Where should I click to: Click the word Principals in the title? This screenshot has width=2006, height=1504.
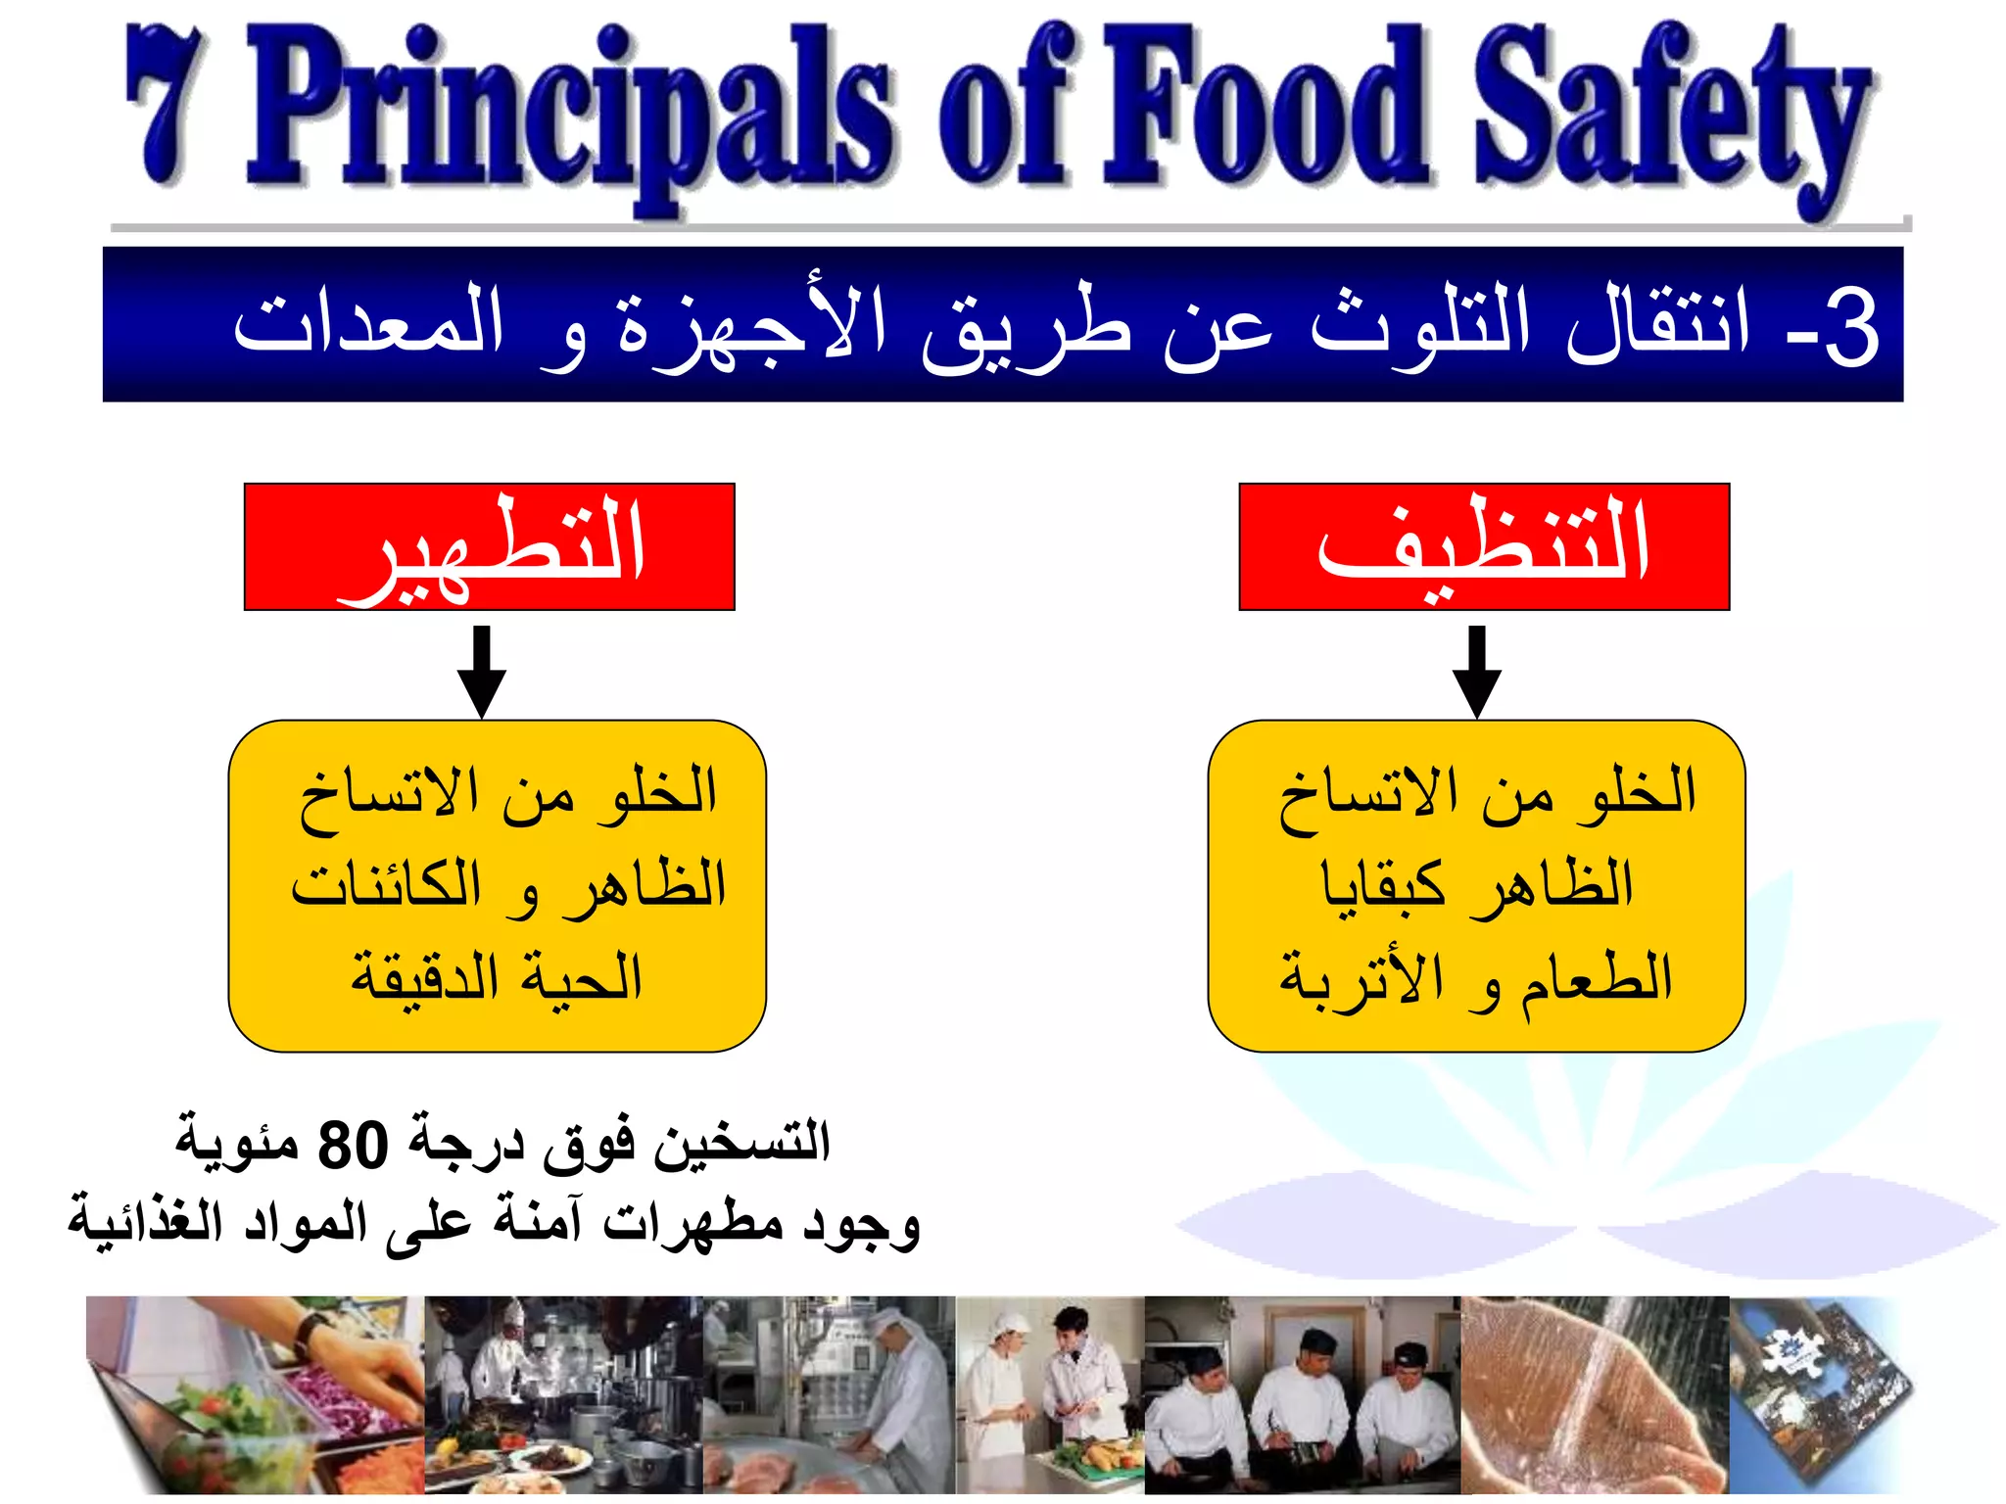click(x=568, y=113)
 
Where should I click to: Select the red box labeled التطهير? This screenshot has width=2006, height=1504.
click(x=489, y=546)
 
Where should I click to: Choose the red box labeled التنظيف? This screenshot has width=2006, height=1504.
click(x=1484, y=546)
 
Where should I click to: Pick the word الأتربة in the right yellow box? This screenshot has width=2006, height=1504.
click(x=1361, y=979)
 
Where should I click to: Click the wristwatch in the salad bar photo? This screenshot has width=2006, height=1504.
click(x=313, y=1332)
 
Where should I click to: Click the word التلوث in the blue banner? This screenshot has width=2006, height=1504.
click(x=1420, y=323)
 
